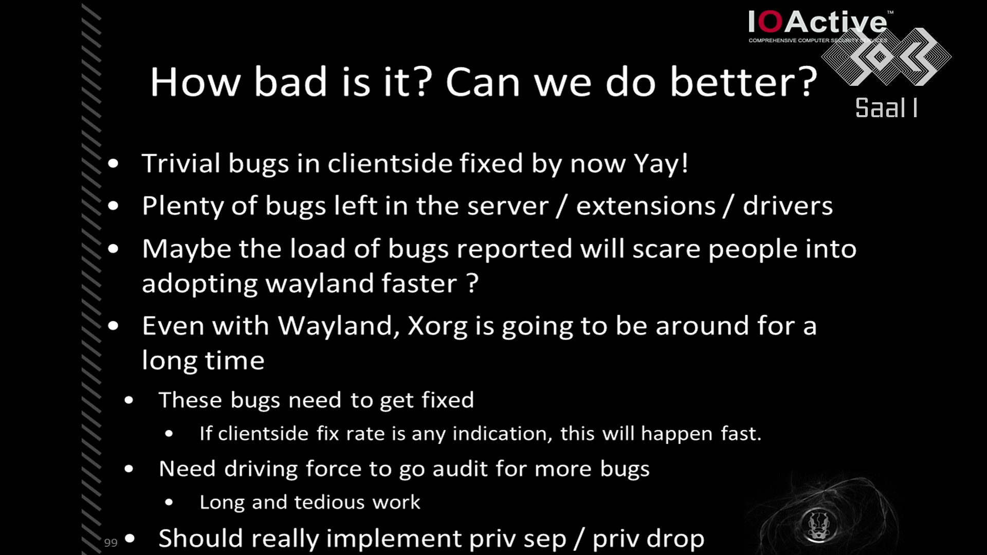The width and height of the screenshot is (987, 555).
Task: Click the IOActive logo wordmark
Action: (x=818, y=22)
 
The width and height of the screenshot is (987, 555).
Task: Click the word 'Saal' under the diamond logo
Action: (x=881, y=108)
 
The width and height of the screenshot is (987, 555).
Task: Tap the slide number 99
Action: (x=111, y=543)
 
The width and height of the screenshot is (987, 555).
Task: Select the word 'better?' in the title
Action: (x=743, y=82)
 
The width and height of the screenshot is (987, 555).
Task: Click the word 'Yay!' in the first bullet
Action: (x=661, y=163)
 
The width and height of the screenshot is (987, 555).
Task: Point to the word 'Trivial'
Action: (x=181, y=163)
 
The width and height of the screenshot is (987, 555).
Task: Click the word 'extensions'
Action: (x=646, y=206)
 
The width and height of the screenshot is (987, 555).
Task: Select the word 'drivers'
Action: (x=788, y=206)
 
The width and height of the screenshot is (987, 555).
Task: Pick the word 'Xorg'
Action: (x=437, y=327)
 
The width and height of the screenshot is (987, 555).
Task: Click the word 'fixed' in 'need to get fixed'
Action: (x=448, y=400)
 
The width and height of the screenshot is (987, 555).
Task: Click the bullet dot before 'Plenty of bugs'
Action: (x=114, y=206)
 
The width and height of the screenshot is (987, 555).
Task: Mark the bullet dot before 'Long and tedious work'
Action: (x=169, y=503)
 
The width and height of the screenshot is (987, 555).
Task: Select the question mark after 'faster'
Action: (x=472, y=283)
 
